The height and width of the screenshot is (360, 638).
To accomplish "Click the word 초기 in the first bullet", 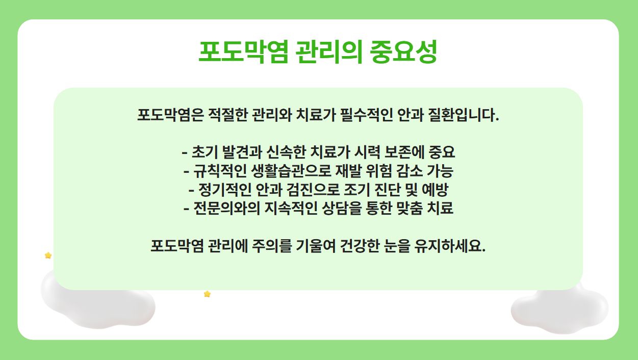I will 205,152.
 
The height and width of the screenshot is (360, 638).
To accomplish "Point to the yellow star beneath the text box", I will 207,294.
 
